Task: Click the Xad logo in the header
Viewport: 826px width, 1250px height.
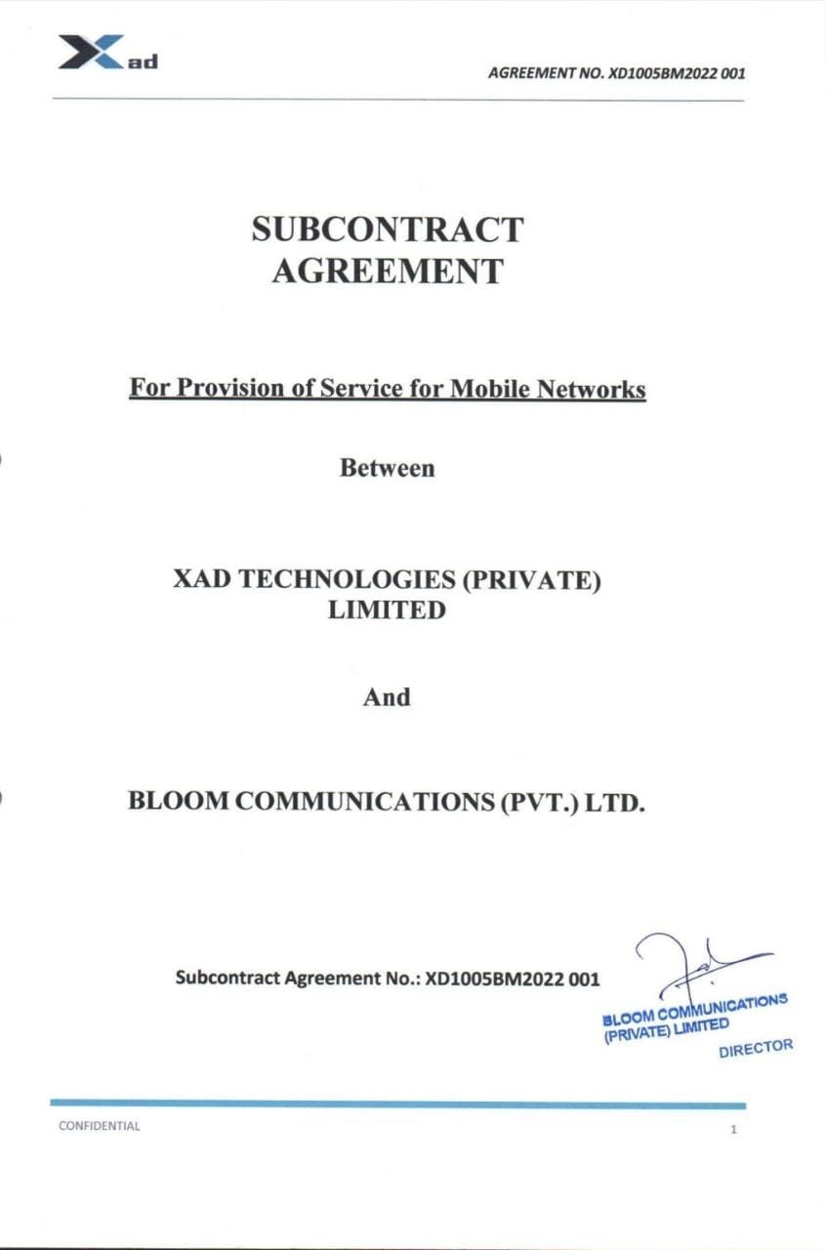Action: coord(106,53)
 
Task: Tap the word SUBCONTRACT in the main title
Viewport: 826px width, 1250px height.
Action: coord(387,229)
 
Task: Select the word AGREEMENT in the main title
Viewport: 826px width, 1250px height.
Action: coord(387,271)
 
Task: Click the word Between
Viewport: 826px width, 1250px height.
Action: coord(387,468)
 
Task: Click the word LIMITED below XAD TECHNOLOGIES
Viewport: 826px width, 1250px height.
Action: coord(387,610)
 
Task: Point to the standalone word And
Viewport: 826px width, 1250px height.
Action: coord(387,697)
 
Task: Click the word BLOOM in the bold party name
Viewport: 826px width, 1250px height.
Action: coord(179,802)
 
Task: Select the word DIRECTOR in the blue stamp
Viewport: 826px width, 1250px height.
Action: coord(755,1048)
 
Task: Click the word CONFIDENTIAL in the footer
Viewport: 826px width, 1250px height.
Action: coord(99,1126)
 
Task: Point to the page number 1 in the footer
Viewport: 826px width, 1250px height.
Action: coord(732,1130)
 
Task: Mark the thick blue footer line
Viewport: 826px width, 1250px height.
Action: coord(397,1104)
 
